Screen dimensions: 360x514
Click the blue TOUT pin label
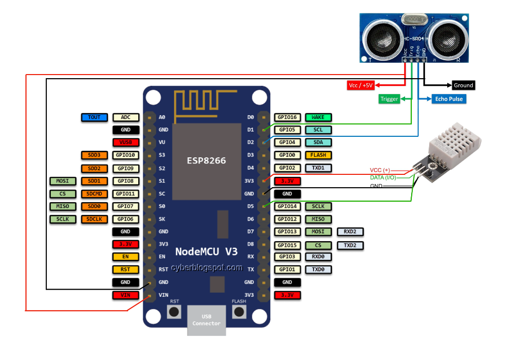(x=94, y=117)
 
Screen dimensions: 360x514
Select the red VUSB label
(x=125, y=142)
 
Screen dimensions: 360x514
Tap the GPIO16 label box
(x=287, y=117)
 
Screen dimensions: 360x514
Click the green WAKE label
(x=318, y=117)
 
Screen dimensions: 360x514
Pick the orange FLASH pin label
(x=318, y=155)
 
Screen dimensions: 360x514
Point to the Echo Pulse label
(x=448, y=99)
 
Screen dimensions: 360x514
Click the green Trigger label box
(x=389, y=99)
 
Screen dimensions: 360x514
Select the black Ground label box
(x=463, y=85)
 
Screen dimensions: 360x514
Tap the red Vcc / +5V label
(x=361, y=85)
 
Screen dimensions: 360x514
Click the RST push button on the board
(x=175, y=311)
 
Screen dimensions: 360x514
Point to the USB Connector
(x=206, y=320)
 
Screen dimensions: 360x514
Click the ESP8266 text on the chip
(x=206, y=160)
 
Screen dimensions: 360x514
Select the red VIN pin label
(x=125, y=295)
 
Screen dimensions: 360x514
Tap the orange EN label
(x=125, y=256)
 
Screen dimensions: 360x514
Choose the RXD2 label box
(x=350, y=232)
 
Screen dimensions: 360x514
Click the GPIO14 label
(x=287, y=206)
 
